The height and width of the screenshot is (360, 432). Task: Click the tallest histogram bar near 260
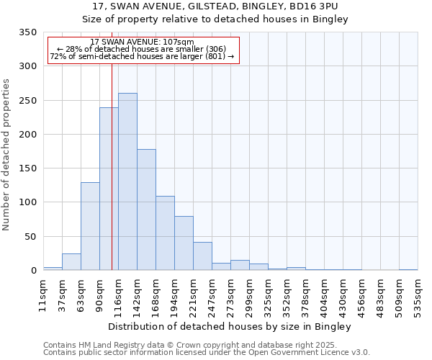tap(127, 181)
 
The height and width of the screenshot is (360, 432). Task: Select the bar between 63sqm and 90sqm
tap(90, 226)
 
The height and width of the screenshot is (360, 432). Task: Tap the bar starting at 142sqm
tap(146, 210)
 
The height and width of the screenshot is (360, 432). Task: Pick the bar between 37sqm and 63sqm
tap(71, 262)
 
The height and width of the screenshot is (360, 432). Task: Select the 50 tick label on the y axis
tap(30, 237)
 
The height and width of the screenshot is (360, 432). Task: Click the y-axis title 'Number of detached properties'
tap(6, 155)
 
